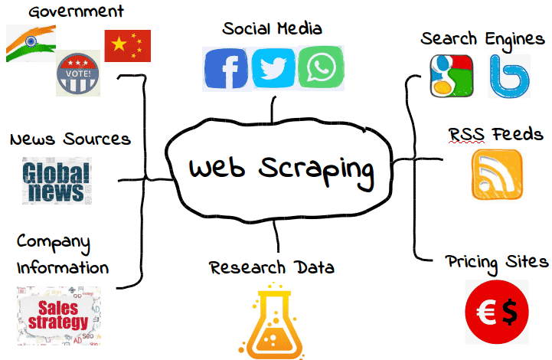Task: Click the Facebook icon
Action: (x=226, y=68)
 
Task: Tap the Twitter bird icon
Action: (x=273, y=68)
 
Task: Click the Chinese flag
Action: (x=127, y=46)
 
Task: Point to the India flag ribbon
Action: (x=31, y=44)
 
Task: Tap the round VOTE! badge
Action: (x=78, y=74)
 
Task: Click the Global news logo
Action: (x=57, y=181)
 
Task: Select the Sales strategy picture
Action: (x=59, y=316)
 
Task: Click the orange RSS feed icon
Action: (x=497, y=175)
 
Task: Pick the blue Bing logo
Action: (x=509, y=77)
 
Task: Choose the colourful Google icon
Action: (x=451, y=76)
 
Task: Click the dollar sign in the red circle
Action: (x=510, y=312)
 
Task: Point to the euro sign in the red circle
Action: (x=486, y=312)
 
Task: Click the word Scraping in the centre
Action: (x=316, y=171)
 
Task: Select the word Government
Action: (x=76, y=11)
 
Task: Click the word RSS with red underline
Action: (x=466, y=134)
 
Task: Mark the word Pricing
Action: (x=472, y=263)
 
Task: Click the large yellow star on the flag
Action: (x=119, y=44)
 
